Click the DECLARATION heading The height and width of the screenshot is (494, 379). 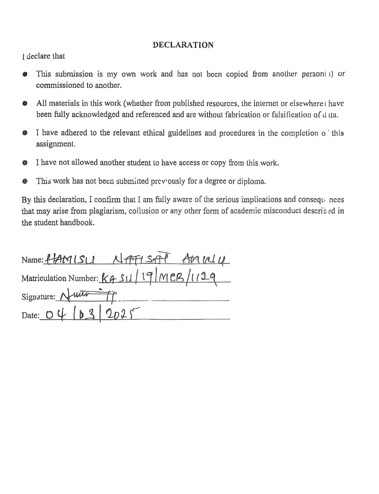(x=183, y=45)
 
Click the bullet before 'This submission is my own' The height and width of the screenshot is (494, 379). (x=26, y=74)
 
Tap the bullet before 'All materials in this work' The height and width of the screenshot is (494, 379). (x=26, y=103)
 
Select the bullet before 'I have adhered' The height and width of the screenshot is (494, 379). (x=26, y=134)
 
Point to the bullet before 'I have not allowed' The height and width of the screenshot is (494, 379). (x=26, y=162)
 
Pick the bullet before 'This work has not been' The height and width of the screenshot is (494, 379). (x=26, y=181)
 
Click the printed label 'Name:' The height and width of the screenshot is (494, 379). (x=32, y=260)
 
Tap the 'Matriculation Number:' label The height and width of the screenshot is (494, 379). (x=59, y=278)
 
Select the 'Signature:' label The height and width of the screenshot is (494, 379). (x=38, y=297)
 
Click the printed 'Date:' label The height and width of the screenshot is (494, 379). (x=30, y=316)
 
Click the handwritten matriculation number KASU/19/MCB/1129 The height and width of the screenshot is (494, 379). (x=160, y=276)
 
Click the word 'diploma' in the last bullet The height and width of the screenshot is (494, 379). (x=251, y=181)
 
